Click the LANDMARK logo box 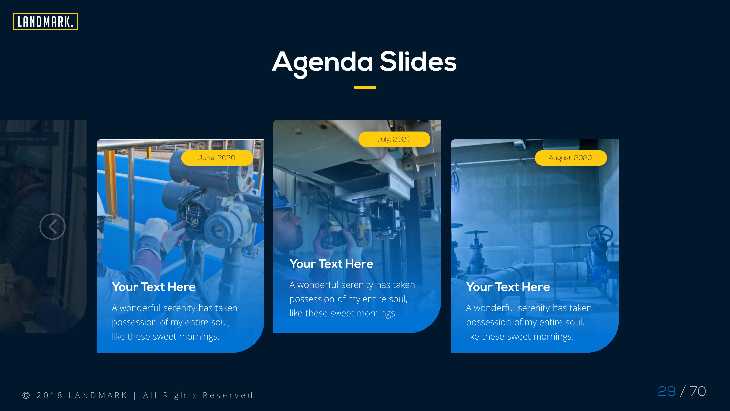coord(45,22)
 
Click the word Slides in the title coord(418,62)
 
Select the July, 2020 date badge coord(394,139)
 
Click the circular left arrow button coord(52,227)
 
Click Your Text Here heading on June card coord(154,287)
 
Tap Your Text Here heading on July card coord(331,264)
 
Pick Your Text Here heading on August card coord(508,287)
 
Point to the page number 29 coord(666,391)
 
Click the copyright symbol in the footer coord(26,395)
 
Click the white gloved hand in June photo coord(159,230)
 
